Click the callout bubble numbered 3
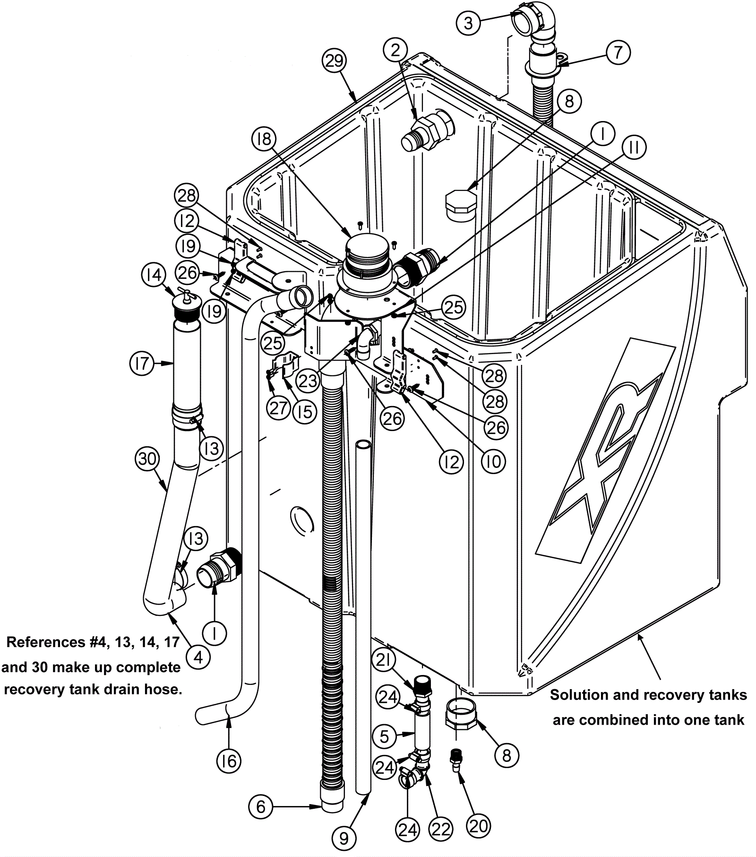click(x=468, y=23)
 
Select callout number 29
click(x=335, y=61)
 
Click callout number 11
click(x=634, y=147)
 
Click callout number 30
click(x=147, y=459)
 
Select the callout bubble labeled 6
click(x=261, y=806)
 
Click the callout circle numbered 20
click(x=478, y=825)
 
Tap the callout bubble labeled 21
click(x=383, y=661)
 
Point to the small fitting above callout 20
click(x=456, y=758)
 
